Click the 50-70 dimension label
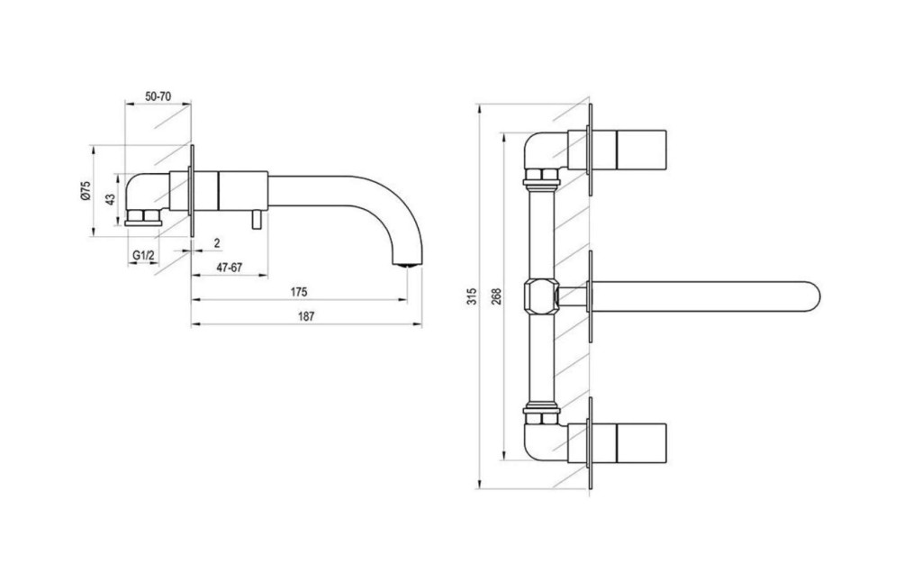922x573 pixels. tap(158, 95)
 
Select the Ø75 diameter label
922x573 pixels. tap(86, 192)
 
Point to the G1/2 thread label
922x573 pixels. tap(143, 255)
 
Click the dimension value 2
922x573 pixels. tap(217, 242)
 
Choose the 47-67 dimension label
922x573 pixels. tap(230, 268)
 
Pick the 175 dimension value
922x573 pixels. tap(299, 292)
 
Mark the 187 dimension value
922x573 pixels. tap(306, 316)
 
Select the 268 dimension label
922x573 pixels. tap(496, 296)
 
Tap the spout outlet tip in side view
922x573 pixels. tap(408, 265)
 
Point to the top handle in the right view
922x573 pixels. tap(641, 150)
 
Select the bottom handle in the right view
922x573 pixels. tap(641, 443)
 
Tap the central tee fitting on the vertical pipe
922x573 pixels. tap(540, 296)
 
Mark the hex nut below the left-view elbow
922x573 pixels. tap(144, 216)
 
